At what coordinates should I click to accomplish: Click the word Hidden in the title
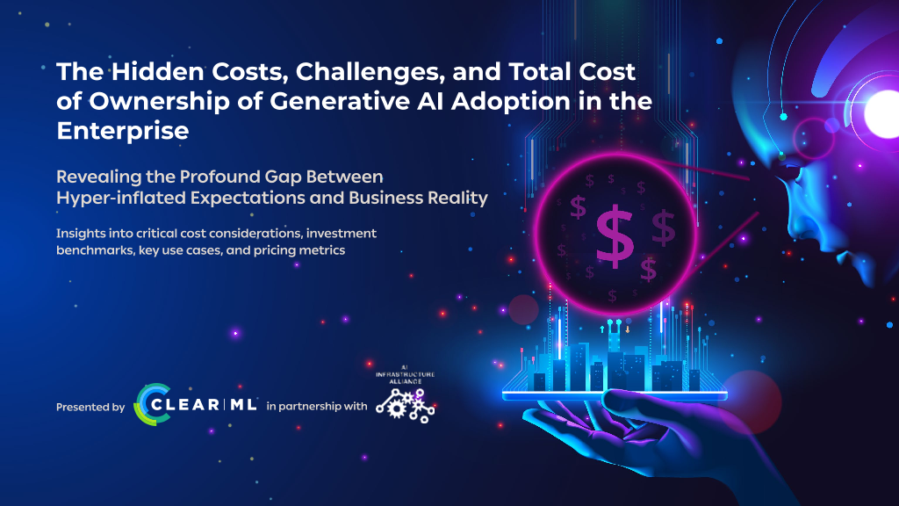click(158, 72)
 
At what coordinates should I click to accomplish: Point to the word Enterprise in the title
click(123, 132)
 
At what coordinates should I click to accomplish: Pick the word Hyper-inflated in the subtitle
click(121, 199)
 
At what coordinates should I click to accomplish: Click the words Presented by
click(90, 408)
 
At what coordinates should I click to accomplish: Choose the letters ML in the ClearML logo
click(244, 404)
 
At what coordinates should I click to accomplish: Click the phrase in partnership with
click(316, 407)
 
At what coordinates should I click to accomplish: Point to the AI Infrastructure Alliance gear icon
click(406, 406)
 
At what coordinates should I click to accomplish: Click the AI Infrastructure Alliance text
click(406, 374)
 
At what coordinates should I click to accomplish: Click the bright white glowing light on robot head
click(881, 113)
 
